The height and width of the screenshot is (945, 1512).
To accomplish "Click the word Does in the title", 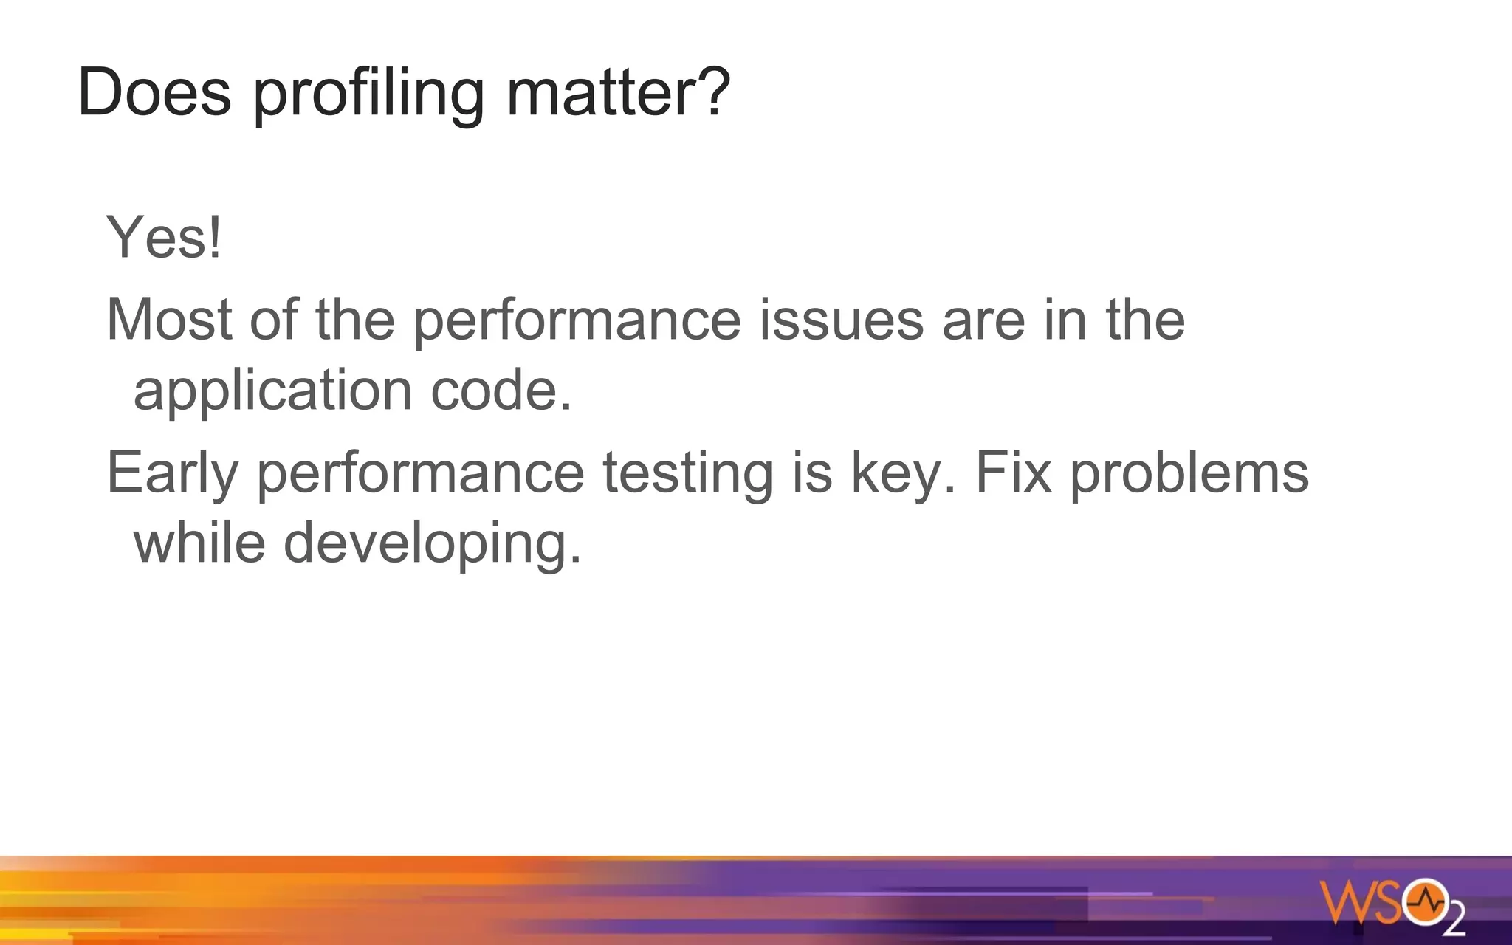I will click(154, 92).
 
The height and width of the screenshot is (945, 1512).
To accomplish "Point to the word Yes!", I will click(164, 238).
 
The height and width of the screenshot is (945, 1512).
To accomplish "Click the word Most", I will click(169, 320).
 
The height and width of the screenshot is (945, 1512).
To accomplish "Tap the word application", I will click(272, 392).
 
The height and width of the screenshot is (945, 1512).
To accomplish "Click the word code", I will click(501, 391).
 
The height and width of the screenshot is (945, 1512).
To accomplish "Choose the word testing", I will click(688, 475).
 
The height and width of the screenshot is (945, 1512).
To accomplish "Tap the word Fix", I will click(1013, 472).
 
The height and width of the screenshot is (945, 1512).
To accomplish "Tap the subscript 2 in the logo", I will click(1454, 922).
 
